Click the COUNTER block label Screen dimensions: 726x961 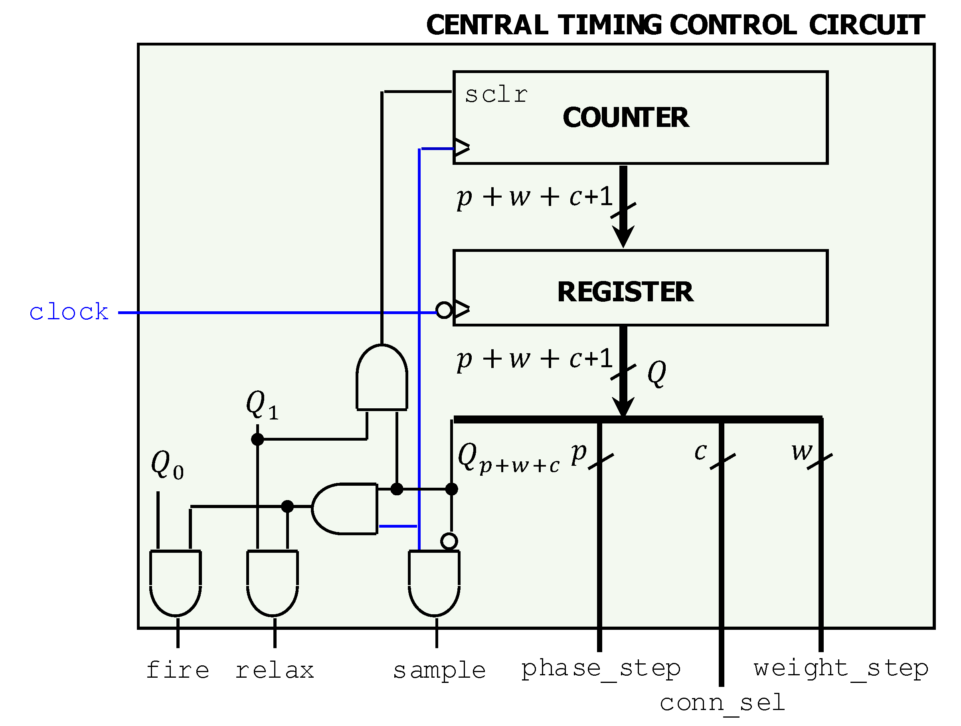625,117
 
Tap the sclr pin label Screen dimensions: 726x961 496,95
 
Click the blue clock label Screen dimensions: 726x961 69,312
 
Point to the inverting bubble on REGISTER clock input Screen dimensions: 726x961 443,310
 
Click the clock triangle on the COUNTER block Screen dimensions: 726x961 461,147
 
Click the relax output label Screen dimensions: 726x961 275,670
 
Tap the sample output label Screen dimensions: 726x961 439,671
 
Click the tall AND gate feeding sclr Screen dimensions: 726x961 382,378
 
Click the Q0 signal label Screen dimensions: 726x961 167,465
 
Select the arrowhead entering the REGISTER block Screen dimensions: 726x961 623,237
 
